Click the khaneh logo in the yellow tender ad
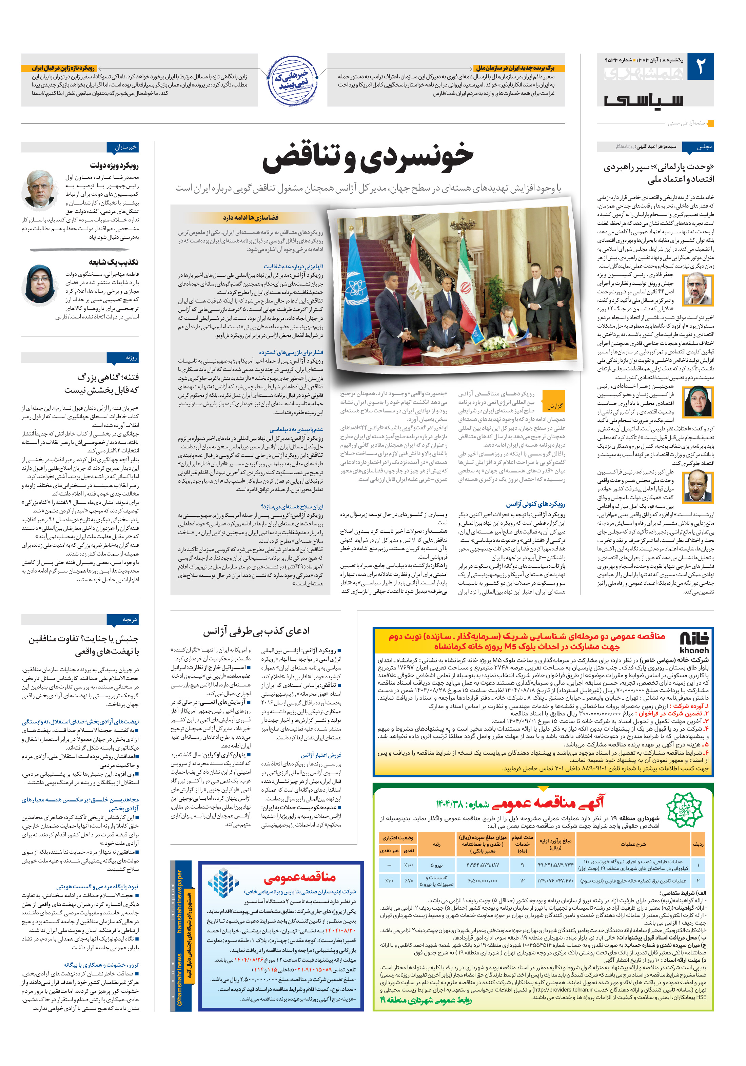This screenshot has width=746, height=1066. (x=693, y=643)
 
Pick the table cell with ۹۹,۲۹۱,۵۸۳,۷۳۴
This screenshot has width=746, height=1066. (x=555, y=864)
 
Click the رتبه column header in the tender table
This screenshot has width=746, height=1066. (x=436, y=844)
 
